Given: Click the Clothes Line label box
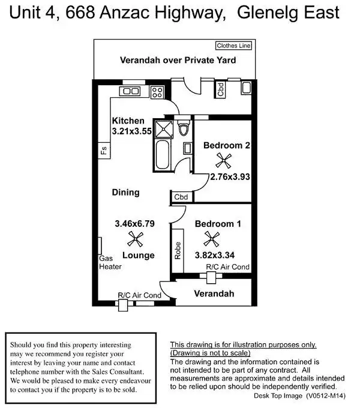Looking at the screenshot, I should [x=234, y=46].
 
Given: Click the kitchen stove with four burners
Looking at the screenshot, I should [x=157, y=92].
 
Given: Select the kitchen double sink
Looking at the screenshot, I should [x=130, y=91].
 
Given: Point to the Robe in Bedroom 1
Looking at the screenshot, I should [x=178, y=248].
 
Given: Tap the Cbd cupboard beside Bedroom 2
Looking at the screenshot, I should [x=181, y=197].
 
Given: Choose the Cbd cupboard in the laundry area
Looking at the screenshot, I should [x=221, y=90].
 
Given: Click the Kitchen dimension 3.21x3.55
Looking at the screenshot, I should [x=133, y=131].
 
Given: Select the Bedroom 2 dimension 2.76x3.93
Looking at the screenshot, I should [x=230, y=177].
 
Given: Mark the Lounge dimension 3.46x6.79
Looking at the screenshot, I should [x=134, y=224].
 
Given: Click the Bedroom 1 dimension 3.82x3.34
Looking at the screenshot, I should [x=214, y=254].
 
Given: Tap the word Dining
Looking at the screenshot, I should [x=125, y=193].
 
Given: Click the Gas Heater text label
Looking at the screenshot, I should [x=110, y=263].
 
